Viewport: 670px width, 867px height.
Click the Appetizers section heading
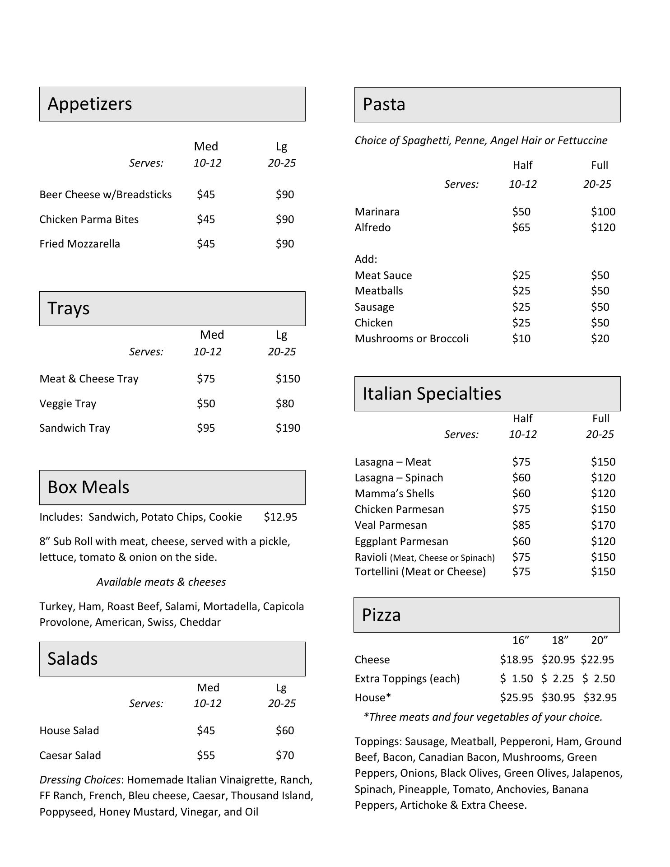click(x=90, y=104)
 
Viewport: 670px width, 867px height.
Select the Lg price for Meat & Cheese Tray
click(x=288, y=379)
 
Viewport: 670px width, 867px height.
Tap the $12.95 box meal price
click(x=280, y=517)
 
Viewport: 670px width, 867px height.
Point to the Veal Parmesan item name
click(x=391, y=525)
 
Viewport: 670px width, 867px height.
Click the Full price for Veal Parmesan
click(x=603, y=525)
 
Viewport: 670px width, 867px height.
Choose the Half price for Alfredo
click(x=521, y=228)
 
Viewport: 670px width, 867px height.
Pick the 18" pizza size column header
click(x=560, y=640)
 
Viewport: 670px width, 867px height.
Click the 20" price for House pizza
click(x=600, y=698)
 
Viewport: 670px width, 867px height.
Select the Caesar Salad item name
click(x=70, y=755)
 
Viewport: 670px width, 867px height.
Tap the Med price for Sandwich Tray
click(x=206, y=428)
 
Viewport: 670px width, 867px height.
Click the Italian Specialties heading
click(x=432, y=394)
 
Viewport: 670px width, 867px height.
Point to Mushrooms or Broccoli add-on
click(x=411, y=339)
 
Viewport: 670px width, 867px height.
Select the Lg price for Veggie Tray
click(x=285, y=404)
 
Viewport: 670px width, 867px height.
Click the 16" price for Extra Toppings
click(x=516, y=679)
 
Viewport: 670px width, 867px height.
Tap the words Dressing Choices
click(x=80, y=780)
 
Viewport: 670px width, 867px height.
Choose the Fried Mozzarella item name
click(x=79, y=244)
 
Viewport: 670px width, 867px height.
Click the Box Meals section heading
click(x=88, y=487)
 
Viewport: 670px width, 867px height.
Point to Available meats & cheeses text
click(x=161, y=582)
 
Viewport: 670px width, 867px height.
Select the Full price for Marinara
click(x=603, y=212)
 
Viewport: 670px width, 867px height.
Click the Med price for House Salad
click(x=206, y=731)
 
